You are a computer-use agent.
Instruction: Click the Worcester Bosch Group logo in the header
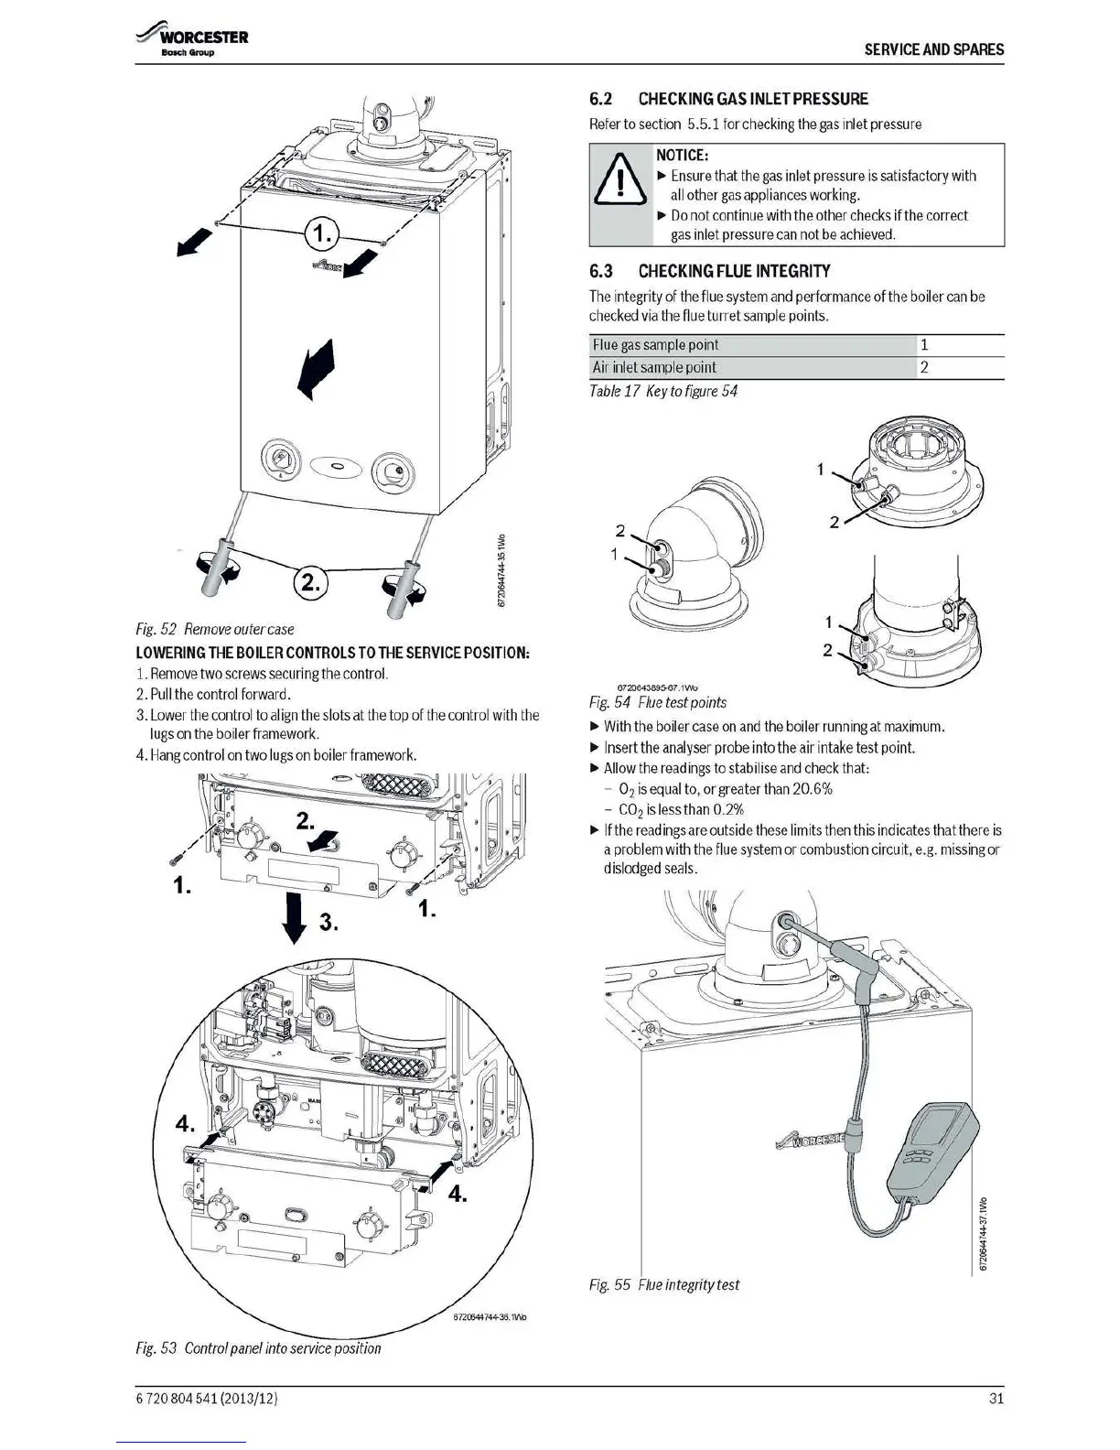tap(192, 42)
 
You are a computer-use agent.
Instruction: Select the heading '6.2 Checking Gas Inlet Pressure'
tap(728, 99)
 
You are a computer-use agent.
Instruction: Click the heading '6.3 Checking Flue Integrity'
tap(710, 271)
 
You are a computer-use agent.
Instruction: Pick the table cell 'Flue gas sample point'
tap(655, 345)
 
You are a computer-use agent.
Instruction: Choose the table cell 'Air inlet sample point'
tap(654, 367)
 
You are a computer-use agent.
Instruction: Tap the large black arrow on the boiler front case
tap(317, 368)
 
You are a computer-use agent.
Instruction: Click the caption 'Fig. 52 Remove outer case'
tap(214, 629)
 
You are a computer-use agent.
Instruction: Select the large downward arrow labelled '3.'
tap(295, 917)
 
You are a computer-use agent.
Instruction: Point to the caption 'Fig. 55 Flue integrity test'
tap(663, 1284)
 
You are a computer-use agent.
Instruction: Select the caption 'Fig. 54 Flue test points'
tap(657, 702)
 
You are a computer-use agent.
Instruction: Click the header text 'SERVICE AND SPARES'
tap(933, 49)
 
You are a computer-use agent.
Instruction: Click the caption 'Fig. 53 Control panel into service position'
tap(258, 1347)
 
